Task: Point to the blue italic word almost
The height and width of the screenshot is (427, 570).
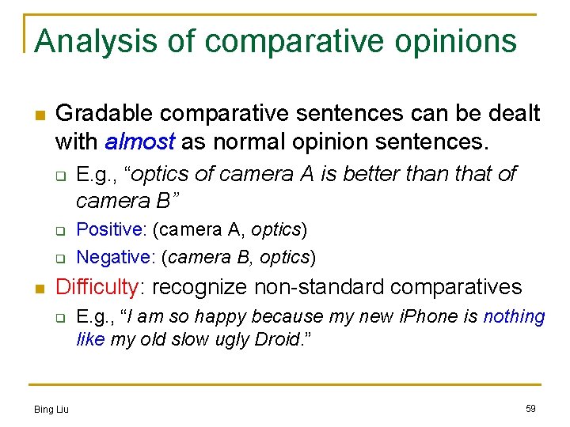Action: point(139,142)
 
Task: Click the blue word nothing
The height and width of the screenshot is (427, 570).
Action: point(514,316)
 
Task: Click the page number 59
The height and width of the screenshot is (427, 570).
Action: point(530,408)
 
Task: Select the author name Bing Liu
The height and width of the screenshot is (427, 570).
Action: point(51,409)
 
